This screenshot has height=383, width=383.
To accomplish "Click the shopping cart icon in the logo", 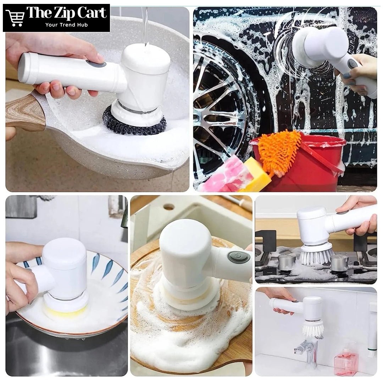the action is [15, 18].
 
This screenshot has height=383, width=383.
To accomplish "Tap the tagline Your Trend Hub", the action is [66, 25].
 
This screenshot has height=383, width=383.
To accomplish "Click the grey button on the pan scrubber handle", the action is [96, 65].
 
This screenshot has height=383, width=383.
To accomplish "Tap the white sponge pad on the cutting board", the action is [185, 298].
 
